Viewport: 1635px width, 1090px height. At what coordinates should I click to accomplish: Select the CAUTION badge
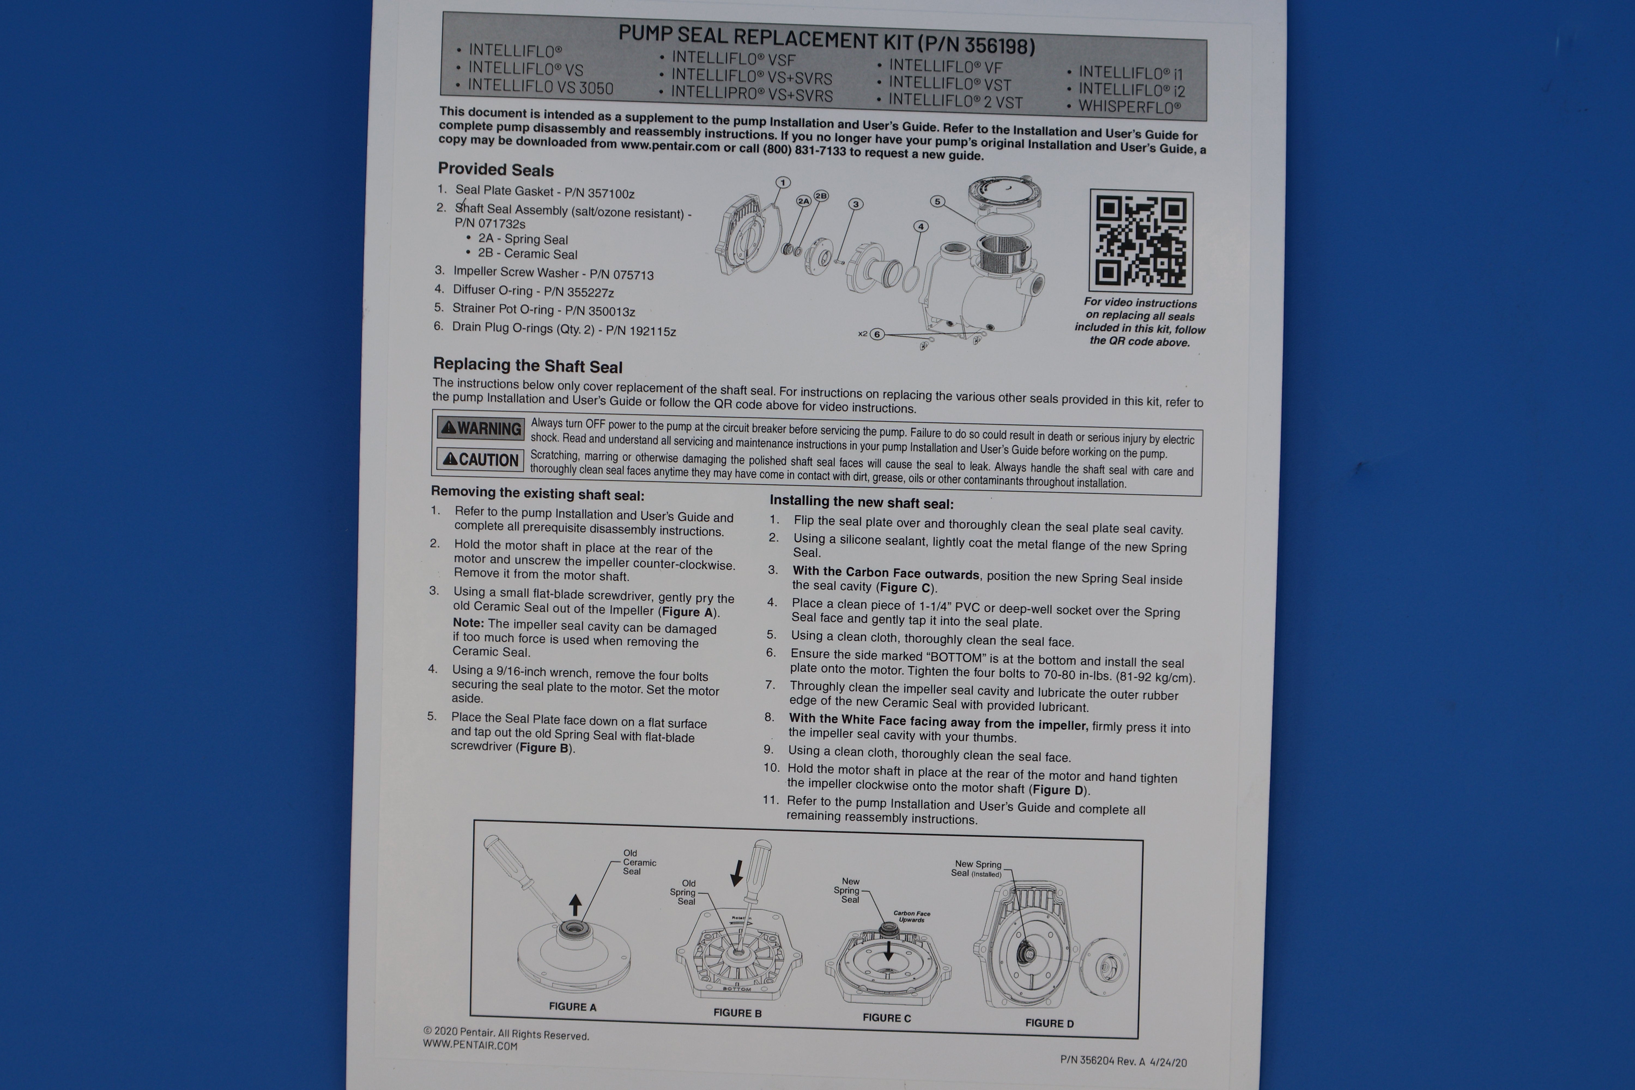(480, 459)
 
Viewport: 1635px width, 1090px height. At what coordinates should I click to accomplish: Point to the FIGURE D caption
(1049, 1023)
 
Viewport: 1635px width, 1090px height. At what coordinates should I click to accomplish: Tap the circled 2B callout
(821, 196)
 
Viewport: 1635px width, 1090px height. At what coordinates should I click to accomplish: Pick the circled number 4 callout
(921, 226)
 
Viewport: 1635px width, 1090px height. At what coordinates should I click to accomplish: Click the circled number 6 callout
(877, 334)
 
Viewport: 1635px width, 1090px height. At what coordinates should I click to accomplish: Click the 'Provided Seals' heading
(496, 169)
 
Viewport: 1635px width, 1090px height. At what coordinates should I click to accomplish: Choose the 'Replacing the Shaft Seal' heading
(528, 366)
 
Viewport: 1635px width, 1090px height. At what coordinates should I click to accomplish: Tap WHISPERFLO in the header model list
(1129, 107)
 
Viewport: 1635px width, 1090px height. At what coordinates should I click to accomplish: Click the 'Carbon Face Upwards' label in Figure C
(911, 916)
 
